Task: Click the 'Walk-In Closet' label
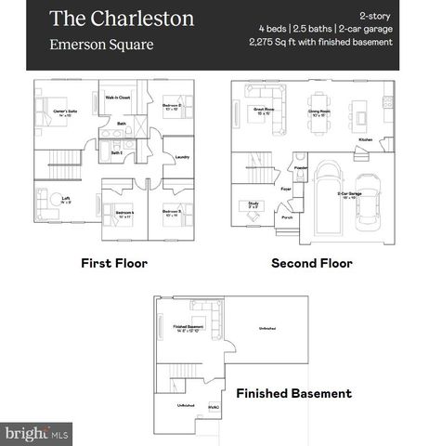117,97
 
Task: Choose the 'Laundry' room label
181,157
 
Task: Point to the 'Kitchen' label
366,140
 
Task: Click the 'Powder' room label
301,169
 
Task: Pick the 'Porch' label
287,219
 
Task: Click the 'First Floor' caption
113,263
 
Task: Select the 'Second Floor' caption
311,263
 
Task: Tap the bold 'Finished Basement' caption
293,393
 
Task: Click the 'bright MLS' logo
36,433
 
